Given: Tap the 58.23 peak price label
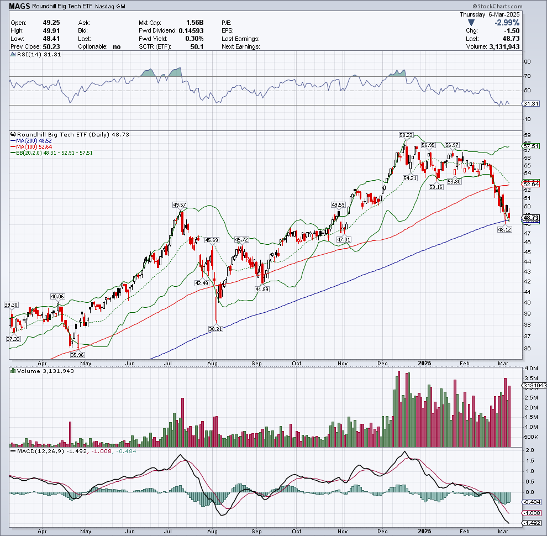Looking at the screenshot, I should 406,134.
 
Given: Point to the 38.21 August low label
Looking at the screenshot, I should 215,328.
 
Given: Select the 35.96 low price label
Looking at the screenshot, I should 77,355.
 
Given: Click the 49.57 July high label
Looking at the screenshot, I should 180,205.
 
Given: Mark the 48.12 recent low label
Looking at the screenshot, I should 504,229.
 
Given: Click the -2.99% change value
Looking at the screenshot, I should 508,23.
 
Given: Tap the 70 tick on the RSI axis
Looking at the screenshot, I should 528,76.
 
